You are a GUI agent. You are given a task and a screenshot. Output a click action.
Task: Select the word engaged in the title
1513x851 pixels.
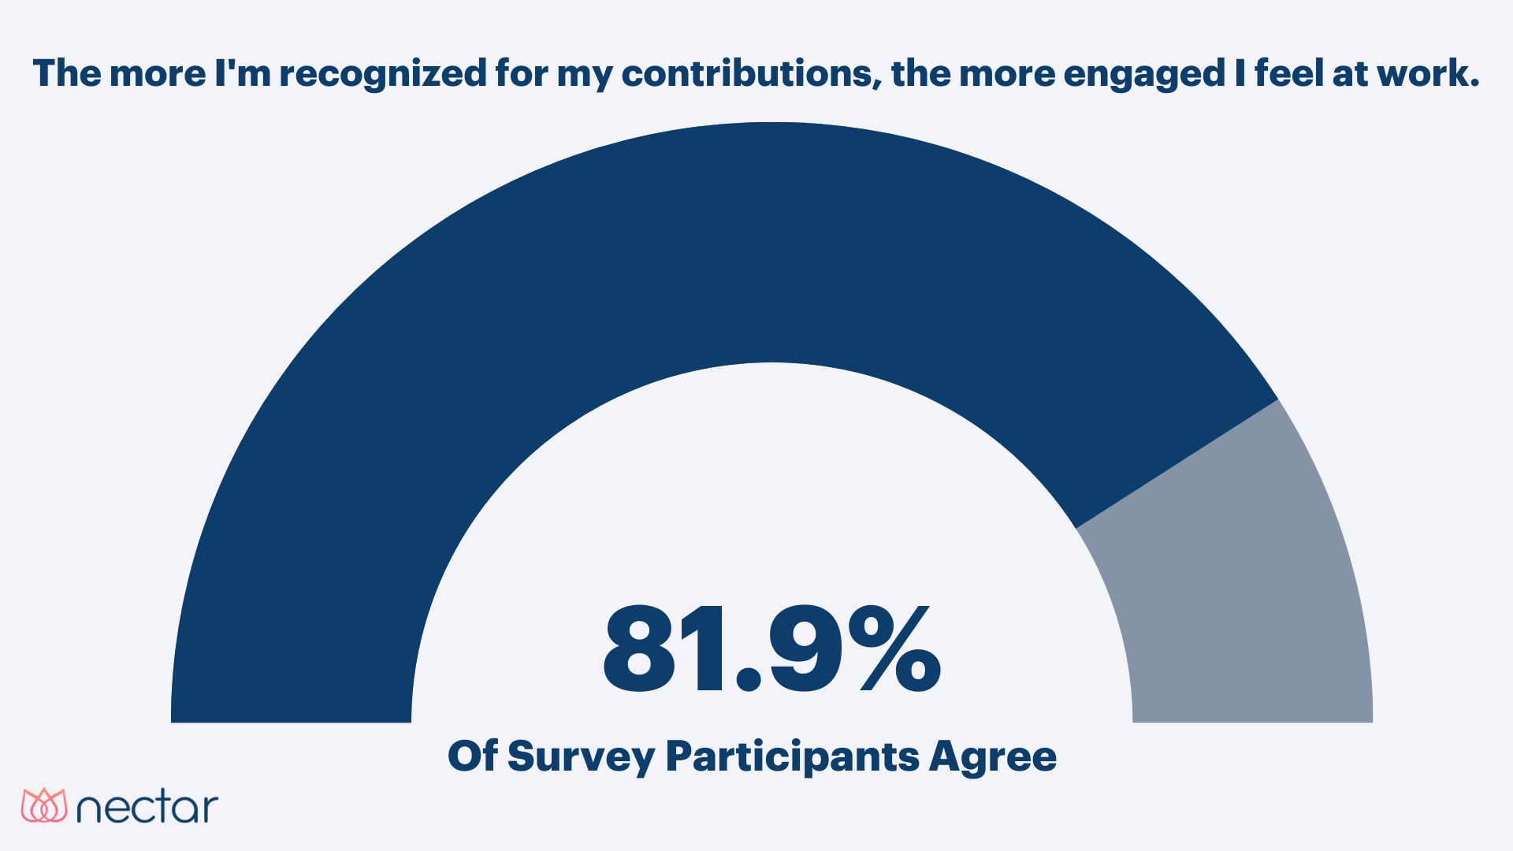coord(1143,75)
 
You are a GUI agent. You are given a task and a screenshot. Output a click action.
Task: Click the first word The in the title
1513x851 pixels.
coord(68,73)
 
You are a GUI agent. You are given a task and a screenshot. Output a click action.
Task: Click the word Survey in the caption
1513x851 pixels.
coord(581,757)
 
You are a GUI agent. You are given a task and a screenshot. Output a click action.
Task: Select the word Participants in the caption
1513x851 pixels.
coord(792,757)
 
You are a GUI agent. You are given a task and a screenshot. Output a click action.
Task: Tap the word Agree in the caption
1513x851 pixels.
coord(992,757)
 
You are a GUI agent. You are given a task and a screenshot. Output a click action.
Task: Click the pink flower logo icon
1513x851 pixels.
coord(44,805)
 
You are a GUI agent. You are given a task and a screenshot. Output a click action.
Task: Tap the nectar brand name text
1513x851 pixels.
coord(147,808)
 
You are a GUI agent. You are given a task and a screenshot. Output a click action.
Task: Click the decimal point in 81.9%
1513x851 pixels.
coord(748,680)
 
